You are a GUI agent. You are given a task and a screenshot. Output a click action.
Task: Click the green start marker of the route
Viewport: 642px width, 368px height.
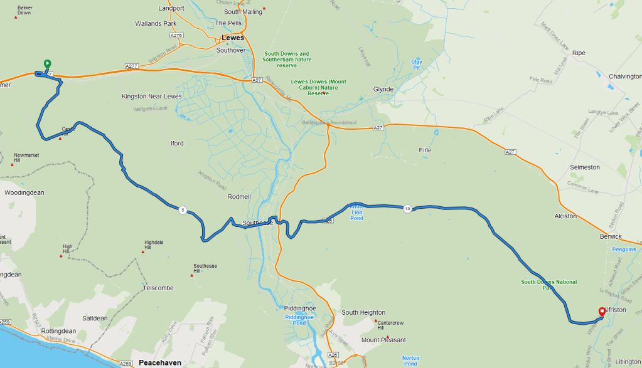(x=47, y=64)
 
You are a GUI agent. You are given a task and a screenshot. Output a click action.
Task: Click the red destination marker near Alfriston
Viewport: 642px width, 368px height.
(x=602, y=312)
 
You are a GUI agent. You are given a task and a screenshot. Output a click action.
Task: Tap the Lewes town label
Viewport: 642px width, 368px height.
(x=233, y=38)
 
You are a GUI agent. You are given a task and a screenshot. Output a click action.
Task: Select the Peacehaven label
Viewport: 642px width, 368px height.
(x=160, y=363)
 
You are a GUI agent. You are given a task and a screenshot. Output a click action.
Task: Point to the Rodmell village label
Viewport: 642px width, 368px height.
(x=239, y=197)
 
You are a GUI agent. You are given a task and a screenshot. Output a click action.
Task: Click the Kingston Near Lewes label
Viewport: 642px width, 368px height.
(x=151, y=97)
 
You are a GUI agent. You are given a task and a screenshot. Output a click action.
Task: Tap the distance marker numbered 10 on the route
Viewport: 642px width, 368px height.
(x=407, y=209)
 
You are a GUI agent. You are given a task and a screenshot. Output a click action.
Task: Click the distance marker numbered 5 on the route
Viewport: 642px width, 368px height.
(x=183, y=210)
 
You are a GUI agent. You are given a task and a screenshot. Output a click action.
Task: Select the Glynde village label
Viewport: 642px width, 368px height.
(x=383, y=90)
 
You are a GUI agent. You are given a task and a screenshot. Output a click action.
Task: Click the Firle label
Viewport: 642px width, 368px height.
(x=425, y=150)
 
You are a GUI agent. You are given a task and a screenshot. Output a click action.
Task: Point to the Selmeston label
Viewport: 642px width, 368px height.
(x=585, y=168)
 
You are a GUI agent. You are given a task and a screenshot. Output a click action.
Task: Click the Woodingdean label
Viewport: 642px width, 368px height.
(x=24, y=193)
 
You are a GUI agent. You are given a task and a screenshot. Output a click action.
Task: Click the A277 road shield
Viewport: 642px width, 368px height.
(x=131, y=66)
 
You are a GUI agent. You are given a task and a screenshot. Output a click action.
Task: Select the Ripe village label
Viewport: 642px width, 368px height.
(x=579, y=53)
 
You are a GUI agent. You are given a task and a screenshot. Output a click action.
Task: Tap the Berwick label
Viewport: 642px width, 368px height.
(x=610, y=236)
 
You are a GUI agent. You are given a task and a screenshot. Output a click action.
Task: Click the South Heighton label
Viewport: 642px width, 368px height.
(x=363, y=313)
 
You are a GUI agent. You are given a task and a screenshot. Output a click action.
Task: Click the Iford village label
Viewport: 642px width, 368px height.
(x=178, y=144)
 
